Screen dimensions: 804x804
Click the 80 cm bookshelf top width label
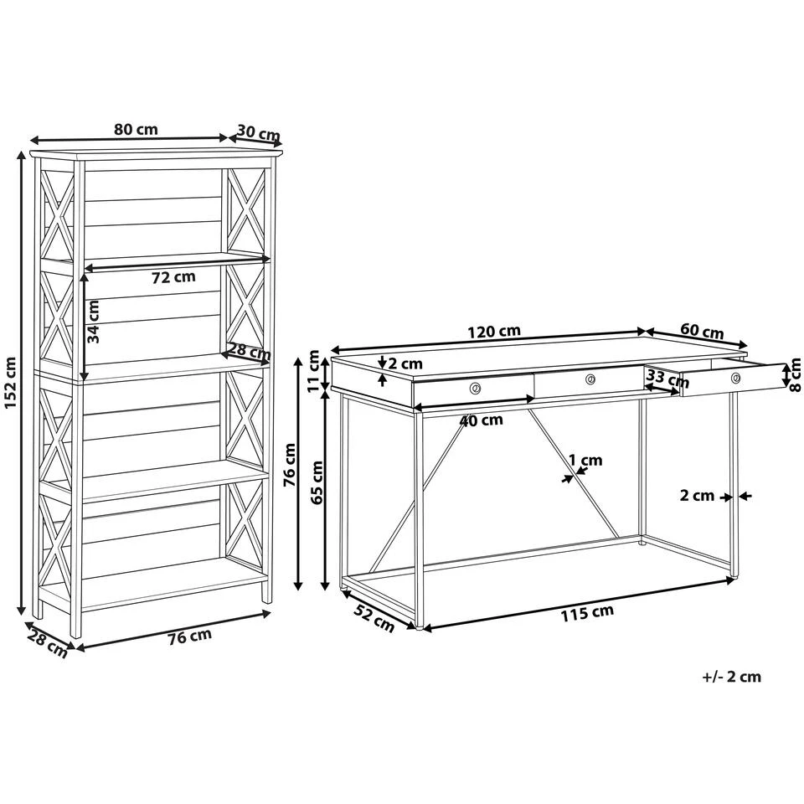[x=136, y=129]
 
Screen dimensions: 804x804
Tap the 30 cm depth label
[x=258, y=133]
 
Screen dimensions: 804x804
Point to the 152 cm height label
[x=11, y=383]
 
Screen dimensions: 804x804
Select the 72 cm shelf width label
[x=173, y=277]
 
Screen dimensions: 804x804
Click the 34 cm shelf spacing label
[x=95, y=322]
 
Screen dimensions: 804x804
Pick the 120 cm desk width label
[x=494, y=330]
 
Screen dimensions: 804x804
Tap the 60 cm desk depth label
[x=702, y=332]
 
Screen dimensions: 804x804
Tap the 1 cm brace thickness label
[x=585, y=460]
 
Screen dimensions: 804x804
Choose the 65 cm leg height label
[x=317, y=482]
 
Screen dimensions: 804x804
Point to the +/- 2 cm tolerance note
[x=731, y=676]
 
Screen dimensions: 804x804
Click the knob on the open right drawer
[x=736, y=379]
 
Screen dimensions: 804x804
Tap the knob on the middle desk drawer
[x=590, y=379]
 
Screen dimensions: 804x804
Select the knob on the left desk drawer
[x=475, y=388]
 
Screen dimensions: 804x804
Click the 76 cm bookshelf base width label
[x=189, y=636]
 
